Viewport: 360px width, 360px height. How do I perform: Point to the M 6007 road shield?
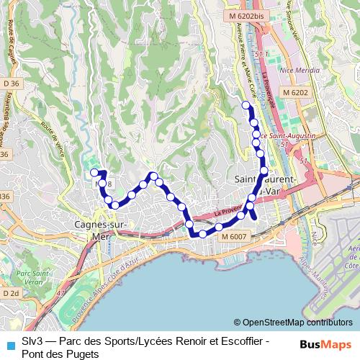234,236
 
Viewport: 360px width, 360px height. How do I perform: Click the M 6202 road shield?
295,93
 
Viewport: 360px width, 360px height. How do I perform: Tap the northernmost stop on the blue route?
246,105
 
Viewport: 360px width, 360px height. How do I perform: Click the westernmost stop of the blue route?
94,172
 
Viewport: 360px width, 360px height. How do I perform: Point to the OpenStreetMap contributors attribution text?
293,323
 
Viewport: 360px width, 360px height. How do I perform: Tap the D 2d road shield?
9,294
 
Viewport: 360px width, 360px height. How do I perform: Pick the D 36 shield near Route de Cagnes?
9,84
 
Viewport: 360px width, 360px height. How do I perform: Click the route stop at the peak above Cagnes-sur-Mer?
153,176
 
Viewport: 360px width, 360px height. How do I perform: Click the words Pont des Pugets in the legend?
60,354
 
